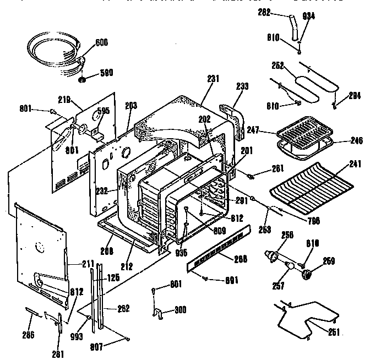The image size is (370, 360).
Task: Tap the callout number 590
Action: point(106,73)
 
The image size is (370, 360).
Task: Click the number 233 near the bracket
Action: point(242,86)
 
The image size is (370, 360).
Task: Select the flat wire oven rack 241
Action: point(314,187)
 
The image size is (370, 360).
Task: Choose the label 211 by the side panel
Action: point(88,264)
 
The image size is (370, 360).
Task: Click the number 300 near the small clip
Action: point(179,309)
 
